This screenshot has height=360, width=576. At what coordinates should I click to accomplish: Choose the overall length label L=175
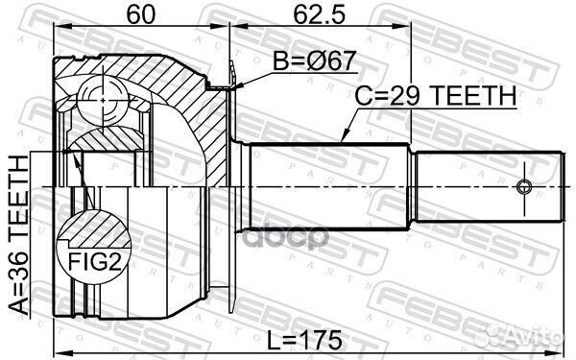[307, 340]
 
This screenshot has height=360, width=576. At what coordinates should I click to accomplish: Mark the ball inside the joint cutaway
[102, 96]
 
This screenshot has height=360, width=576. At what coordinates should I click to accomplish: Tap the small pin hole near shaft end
[524, 185]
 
